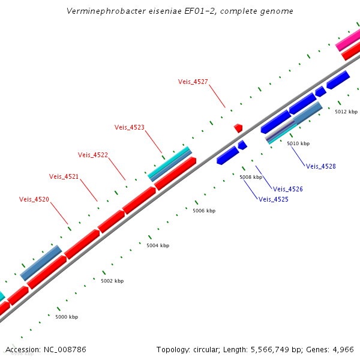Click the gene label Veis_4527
point(193,82)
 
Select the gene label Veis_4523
point(130,127)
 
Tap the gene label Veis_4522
point(93,155)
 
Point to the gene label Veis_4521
point(64,176)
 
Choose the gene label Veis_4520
point(34,199)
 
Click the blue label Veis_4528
point(321,166)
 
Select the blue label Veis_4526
point(288,189)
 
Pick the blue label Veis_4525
point(274,199)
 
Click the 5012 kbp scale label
point(346,112)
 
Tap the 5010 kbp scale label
point(298,143)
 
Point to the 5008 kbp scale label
point(251,177)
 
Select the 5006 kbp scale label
point(204,211)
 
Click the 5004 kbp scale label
point(158,245)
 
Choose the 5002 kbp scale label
point(112,281)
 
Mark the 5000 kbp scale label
point(67,316)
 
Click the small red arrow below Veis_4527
point(238,128)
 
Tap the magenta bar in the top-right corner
point(347,41)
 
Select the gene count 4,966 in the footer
point(342,349)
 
